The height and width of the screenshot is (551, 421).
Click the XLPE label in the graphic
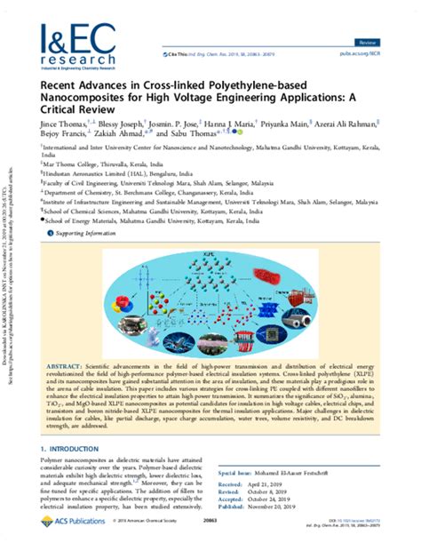[x=218, y=256]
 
